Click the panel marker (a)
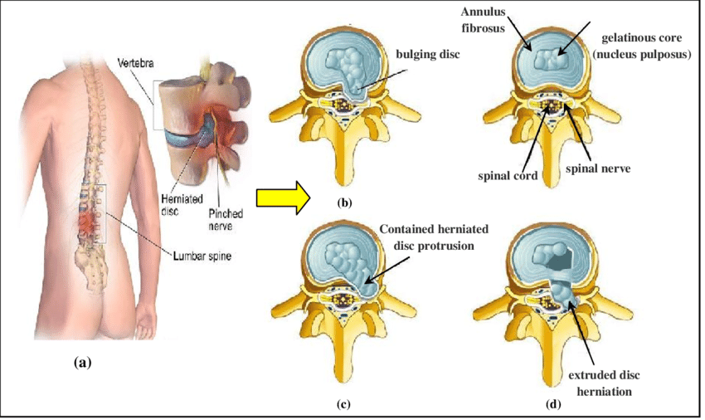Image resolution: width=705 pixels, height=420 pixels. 82,362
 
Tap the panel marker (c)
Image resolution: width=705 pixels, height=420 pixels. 343,405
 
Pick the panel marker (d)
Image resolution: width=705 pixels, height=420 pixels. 551,405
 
